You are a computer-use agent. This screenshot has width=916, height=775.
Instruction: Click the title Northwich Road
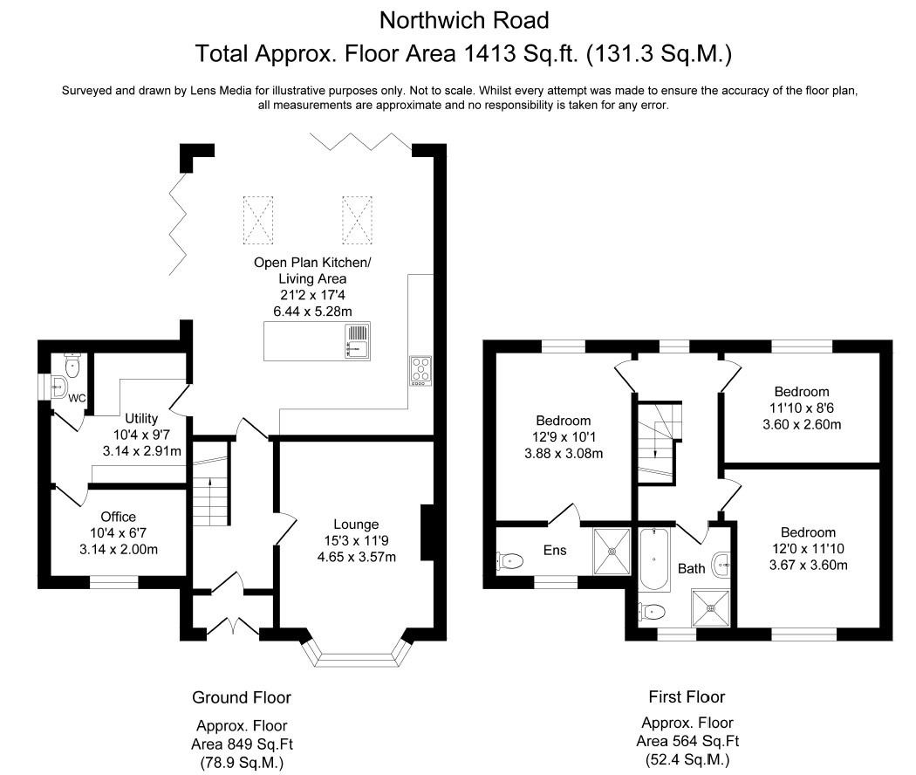463,19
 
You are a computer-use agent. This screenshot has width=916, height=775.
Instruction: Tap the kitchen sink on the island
358,340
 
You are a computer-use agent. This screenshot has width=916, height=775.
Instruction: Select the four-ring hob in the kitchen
419,370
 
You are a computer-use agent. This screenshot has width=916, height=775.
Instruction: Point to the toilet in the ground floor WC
72,365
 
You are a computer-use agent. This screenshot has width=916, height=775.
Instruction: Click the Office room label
118,517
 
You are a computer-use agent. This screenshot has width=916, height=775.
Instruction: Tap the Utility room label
141,419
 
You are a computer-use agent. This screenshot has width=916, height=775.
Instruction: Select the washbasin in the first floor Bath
721,562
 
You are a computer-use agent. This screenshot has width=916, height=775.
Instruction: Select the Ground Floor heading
242,697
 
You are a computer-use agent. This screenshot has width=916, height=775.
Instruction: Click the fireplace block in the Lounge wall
427,532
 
